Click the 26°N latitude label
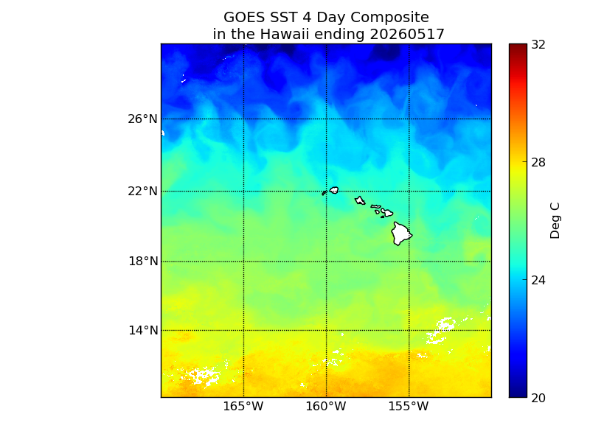(x=142, y=119)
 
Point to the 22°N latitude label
(x=142, y=192)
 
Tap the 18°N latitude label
(x=143, y=262)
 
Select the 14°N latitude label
(x=143, y=330)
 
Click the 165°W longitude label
(x=243, y=407)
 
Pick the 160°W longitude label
(x=326, y=407)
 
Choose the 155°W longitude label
(x=409, y=407)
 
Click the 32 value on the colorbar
(x=538, y=45)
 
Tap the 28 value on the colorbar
(x=538, y=162)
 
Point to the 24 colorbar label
(x=538, y=280)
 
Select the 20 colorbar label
(x=538, y=398)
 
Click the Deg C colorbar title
(x=555, y=220)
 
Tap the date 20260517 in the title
(x=407, y=34)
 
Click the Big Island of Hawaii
(x=401, y=234)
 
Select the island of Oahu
(x=360, y=200)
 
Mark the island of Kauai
(x=334, y=190)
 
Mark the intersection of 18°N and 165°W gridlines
(x=244, y=262)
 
